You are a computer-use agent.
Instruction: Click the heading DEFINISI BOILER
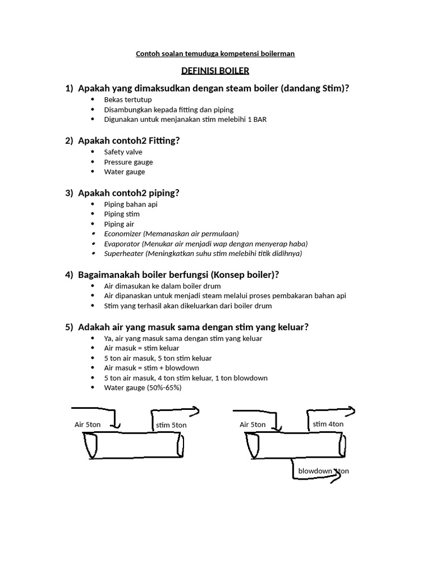click(x=215, y=71)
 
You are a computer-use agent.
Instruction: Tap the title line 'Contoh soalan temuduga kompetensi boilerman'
click(x=215, y=54)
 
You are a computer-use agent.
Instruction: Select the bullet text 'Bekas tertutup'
click(x=124, y=100)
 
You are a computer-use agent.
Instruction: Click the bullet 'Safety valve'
click(x=123, y=152)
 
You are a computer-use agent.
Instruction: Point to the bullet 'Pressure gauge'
click(x=128, y=162)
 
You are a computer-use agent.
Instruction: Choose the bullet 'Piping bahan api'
click(x=131, y=204)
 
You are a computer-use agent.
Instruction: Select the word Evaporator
click(x=122, y=244)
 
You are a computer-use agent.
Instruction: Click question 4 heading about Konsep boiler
click(x=178, y=275)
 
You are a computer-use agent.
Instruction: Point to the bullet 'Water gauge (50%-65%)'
click(x=143, y=388)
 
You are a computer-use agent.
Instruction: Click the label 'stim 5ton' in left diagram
click(x=171, y=426)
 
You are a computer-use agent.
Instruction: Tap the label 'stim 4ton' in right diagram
click(x=328, y=424)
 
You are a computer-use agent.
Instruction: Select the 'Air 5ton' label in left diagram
click(x=88, y=425)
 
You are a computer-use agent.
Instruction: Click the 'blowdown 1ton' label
click(x=323, y=471)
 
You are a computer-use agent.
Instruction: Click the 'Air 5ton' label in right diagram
click(x=253, y=425)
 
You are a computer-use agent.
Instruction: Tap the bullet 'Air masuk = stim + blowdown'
click(x=152, y=368)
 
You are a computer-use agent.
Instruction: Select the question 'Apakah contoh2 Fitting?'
click(x=129, y=140)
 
